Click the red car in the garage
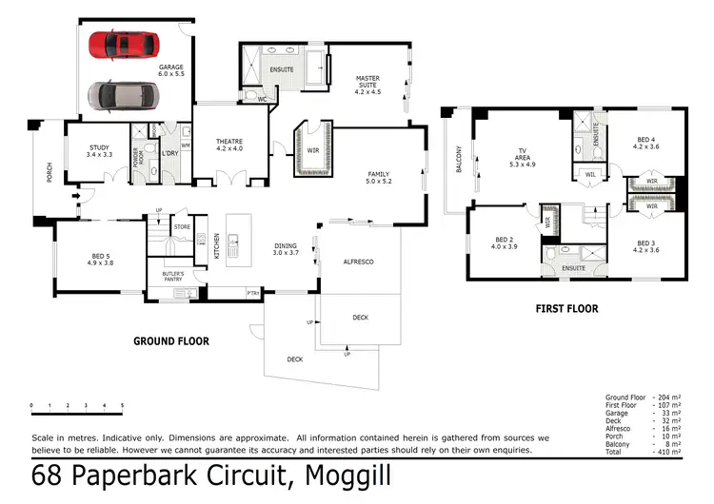[123, 44]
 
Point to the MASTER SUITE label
[367, 85]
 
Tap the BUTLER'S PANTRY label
[171, 277]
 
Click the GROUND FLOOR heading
[171, 340]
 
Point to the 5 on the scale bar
[122, 406]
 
